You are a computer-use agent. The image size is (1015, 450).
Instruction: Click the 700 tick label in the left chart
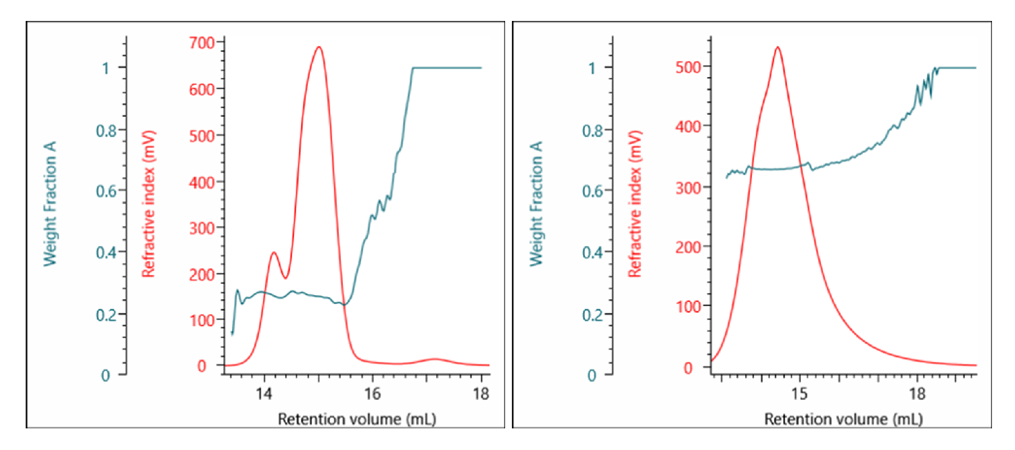coord(202,43)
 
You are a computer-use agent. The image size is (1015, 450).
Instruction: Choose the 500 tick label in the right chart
coord(689,66)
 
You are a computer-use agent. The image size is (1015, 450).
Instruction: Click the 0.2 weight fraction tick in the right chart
coord(592,314)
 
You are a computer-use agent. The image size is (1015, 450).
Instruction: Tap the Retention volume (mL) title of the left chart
coord(356,420)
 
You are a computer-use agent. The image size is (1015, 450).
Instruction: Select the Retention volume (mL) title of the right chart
coord(843,420)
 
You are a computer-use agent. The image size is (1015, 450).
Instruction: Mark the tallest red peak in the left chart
coord(318,47)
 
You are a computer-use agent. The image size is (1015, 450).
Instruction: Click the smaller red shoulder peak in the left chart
coord(274,253)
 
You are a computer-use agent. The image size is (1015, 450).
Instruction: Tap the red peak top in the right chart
coord(778,47)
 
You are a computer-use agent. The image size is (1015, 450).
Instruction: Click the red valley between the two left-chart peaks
coord(286,278)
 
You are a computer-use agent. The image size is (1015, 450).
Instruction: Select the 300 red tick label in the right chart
coord(689,186)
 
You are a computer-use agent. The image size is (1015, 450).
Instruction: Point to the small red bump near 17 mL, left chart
coord(435,359)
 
